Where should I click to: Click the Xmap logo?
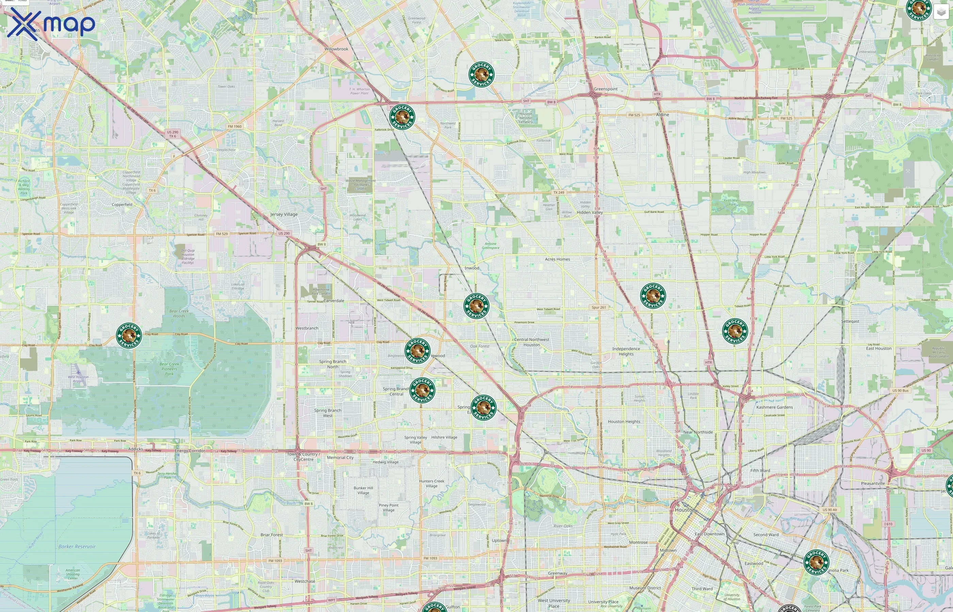[x=51, y=24]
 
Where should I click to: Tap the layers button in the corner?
[x=941, y=12]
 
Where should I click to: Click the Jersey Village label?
[x=284, y=215]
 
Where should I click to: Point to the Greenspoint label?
[x=605, y=89]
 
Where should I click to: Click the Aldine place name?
[x=662, y=115]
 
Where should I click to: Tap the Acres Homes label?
[x=557, y=259]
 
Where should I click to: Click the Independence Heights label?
[x=626, y=351]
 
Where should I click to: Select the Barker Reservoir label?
[x=77, y=547]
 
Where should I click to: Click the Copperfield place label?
[x=122, y=205]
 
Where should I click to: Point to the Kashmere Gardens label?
[x=774, y=407]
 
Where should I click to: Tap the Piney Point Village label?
[x=389, y=508]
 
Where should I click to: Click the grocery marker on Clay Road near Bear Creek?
[x=129, y=335]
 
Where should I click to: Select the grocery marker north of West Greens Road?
[x=481, y=74]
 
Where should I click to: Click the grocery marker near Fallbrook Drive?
[x=402, y=117]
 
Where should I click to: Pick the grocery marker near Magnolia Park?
[x=816, y=562]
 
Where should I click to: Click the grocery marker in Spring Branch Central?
[x=422, y=390]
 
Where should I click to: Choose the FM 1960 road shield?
[x=235, y=126]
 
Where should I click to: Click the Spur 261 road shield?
[x=599, y=307]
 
